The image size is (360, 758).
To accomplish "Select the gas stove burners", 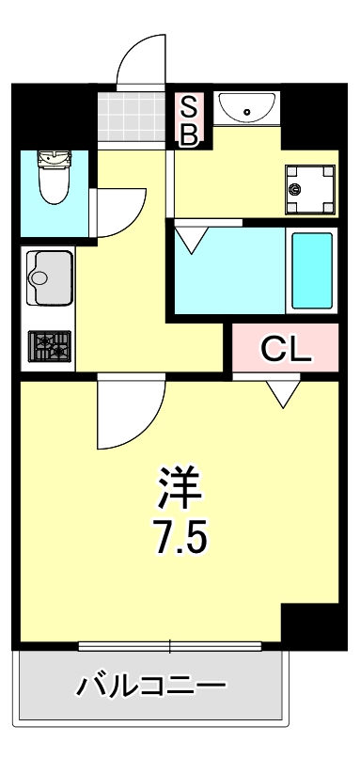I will (50, 347).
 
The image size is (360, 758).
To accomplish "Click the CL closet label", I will (286, 350).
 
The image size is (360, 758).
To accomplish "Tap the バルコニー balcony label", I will (150, 685).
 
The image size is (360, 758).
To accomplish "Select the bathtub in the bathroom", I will (311, 269).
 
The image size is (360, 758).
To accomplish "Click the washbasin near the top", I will (246, 107).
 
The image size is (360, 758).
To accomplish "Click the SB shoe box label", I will (188, 120).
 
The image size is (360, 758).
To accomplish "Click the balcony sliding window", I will (170, 646).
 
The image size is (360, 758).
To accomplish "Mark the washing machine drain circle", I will (297, 188).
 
